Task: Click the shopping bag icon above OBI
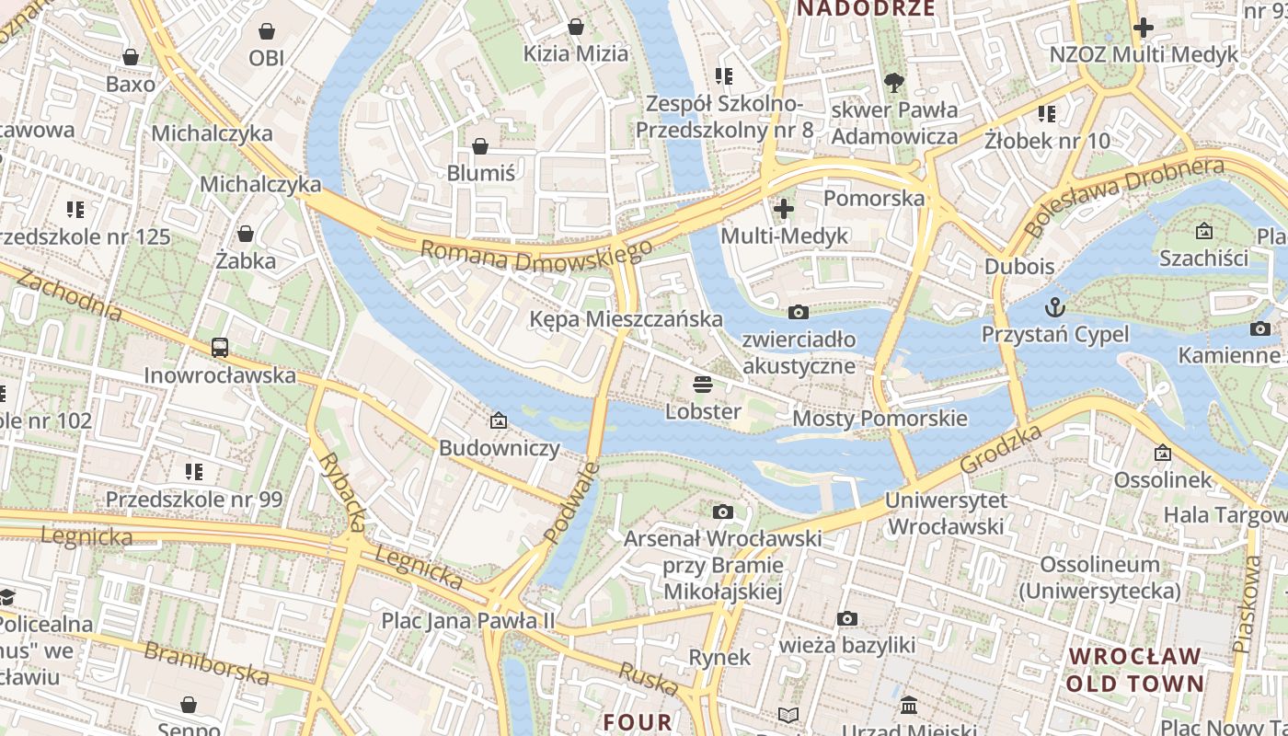click(266, 32)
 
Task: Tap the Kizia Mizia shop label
click(575, 53)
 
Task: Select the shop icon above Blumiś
click(479, 146)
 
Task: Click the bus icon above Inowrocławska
click(219, 348)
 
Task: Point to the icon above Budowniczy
click(499, 420)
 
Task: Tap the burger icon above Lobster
click(703, 384)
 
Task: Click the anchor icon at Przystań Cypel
click(1054, 306)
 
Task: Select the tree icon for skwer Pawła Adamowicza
click(893, 84)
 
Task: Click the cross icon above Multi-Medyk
click(783, 209)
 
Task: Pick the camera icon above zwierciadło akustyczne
click(799, 313)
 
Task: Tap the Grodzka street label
click(1001, 449)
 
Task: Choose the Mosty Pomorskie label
click(880, 419)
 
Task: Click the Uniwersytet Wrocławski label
click(946, 513)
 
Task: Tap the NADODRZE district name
click(865, 9)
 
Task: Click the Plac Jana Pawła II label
click(468, 621)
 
